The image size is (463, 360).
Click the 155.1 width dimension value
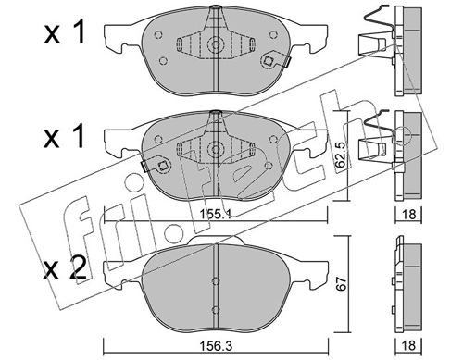pyautogui.click(x=216, y=214)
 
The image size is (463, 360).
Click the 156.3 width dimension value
pyautogui.click(x=216, y=346)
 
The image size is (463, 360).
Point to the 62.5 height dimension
pyautogui.click(x=341, y=155)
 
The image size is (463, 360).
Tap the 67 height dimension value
pyautogui.click(x=341, y=283)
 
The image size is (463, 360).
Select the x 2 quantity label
pyautogui.click(x=65, y=268)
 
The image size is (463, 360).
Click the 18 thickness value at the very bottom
pyautogui.click(x=409, y=346)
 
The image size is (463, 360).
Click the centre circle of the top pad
pyautogui.click(x=216, y=44)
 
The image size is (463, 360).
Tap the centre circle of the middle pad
pyautogui.click(x=216, y=149)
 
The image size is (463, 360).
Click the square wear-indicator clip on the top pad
pyautogui.click(x=268, y=61)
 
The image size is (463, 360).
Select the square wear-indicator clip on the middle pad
pyautogui.click(x=162, y=166)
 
